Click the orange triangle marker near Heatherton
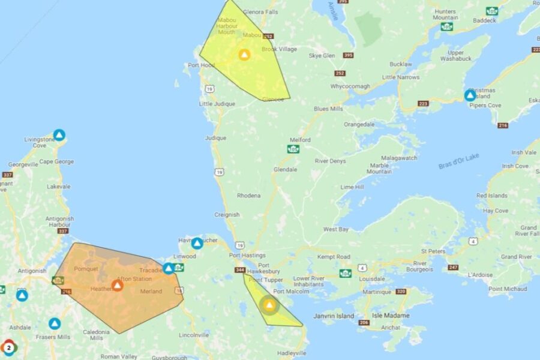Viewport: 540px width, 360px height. [x=118, y=286]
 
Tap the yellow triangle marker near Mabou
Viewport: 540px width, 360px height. [x=244, y=55]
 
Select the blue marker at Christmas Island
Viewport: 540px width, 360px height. [x=470, y=95]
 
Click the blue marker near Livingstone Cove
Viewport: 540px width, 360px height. [x=59, y=135]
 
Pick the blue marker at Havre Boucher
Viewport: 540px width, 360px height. [x=197, y=243]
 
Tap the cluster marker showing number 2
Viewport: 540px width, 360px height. [x=8, y=347]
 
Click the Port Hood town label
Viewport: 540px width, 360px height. [x=201, y=65]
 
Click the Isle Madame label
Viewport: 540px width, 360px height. [x=391, y=316]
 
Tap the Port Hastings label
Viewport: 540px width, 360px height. [x=243, y=256]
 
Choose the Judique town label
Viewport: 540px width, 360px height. [x=215, y=138]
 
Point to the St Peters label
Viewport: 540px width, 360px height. [x=433, y=251]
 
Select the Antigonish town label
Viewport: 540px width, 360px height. [x=31, y=271]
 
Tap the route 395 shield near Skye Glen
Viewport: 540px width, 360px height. [x=348, y=56]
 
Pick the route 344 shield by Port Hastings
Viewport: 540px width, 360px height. [x=239, y=270]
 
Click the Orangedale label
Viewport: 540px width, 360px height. [x=359, y=125]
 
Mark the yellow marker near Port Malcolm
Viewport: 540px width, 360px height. [x=269, y=305]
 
